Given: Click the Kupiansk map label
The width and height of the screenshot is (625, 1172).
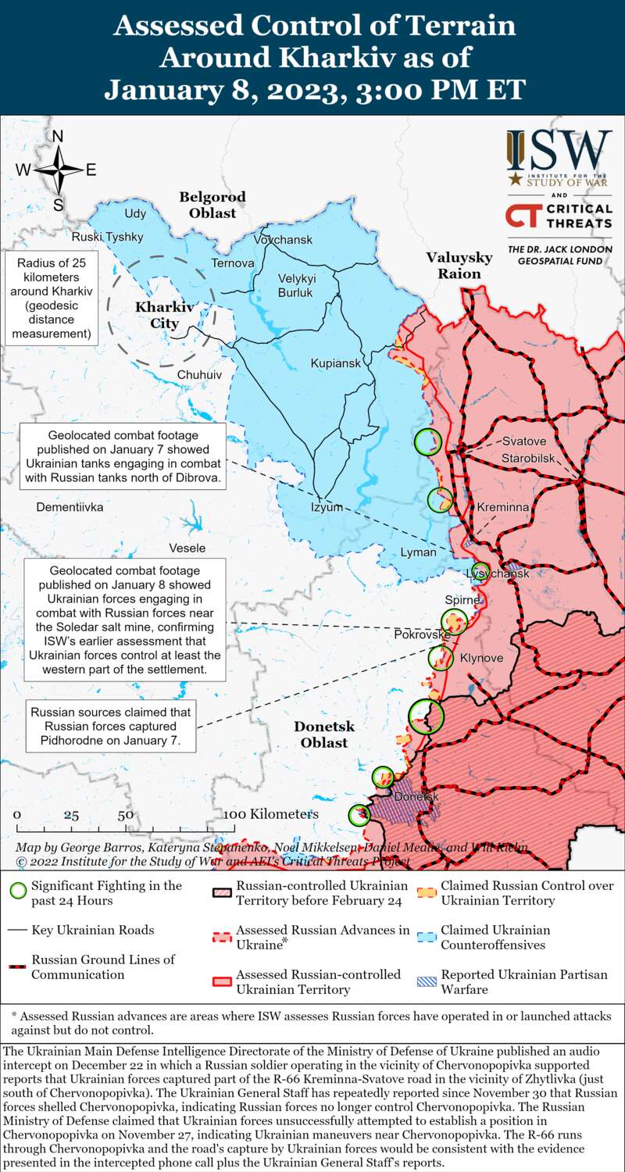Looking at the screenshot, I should click(x=335, y=363).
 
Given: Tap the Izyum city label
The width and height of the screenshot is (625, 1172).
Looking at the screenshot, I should click(x=327, y=507).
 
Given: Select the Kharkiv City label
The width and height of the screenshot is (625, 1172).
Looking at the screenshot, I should click(x=157, y=315).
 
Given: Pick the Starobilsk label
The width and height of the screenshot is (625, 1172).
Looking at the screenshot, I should click(x=529, y=457).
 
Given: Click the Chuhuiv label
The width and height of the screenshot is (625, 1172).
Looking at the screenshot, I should click(x=199, y=375).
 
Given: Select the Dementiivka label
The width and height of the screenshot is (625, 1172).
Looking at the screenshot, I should click(x=70, y=507).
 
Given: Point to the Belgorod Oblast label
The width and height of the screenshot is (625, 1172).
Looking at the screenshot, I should click(x=212, y=205).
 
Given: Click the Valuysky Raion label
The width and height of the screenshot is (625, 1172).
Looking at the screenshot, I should click(x=459, y=265).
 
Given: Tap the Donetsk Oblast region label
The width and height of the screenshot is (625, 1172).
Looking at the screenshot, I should click(x=324, y=734).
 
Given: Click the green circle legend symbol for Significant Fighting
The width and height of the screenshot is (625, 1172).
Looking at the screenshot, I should click(x=18, y=892).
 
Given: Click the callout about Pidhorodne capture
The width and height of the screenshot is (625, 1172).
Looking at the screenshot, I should click(x=109, y=727).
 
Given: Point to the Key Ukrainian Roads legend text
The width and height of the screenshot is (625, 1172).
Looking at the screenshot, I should click(x=92, y=930).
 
